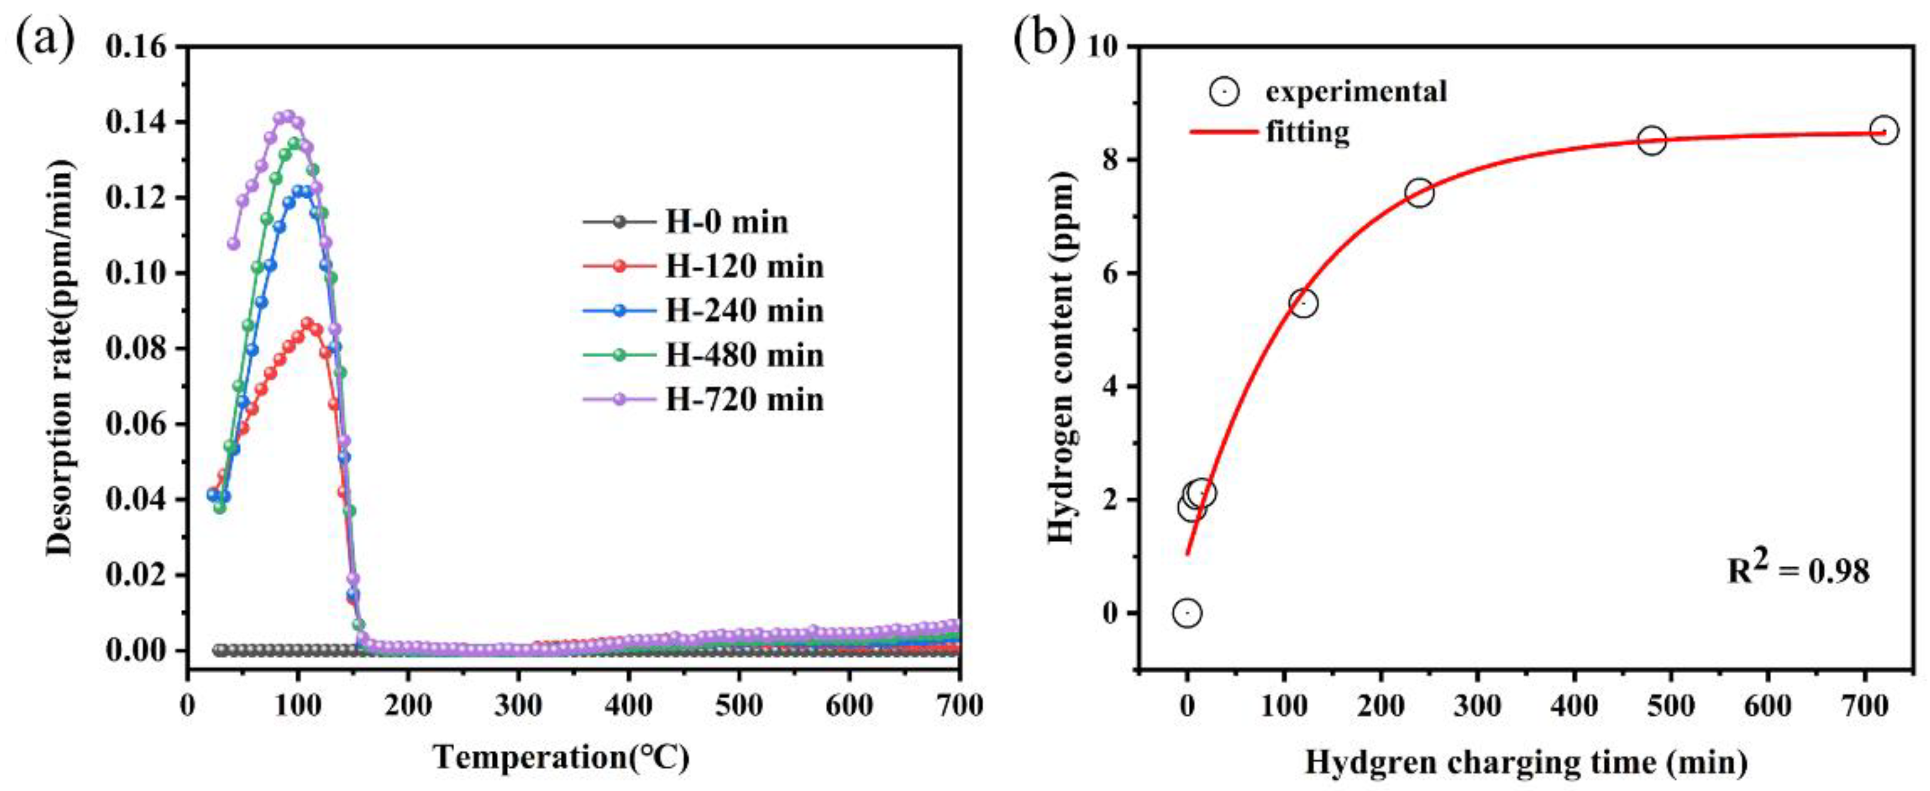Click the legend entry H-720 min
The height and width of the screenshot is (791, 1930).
744,400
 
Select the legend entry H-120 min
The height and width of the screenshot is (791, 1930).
744,267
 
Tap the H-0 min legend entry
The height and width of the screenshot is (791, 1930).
727,223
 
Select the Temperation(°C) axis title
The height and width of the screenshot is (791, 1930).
561,757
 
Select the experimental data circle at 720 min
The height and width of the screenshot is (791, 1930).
1883,130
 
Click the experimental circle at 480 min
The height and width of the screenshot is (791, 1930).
1651,140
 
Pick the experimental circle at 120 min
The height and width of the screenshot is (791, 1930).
1304,303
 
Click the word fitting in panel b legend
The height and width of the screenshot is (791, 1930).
1307,132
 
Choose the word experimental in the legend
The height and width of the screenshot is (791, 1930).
1356,92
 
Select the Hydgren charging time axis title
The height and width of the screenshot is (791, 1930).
1526,762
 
